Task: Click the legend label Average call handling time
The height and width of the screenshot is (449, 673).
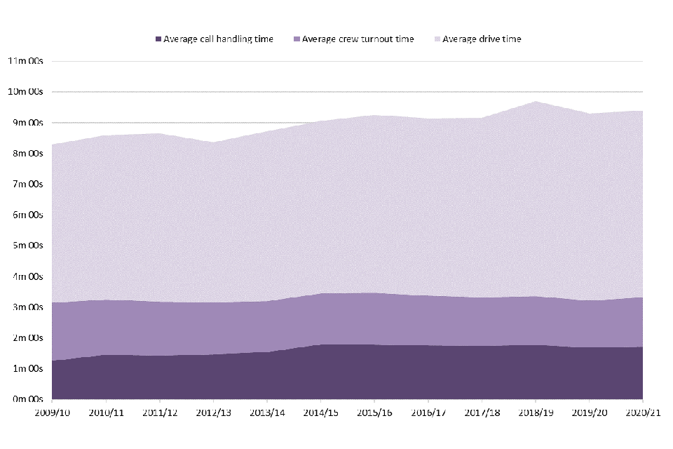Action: point(218,39)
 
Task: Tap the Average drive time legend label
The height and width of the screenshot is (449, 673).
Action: point(482,39)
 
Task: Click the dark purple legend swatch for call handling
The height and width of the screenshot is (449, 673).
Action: point(158,39)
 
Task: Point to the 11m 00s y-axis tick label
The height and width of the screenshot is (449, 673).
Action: point(25,61)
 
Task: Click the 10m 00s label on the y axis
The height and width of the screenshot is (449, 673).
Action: point(25,92)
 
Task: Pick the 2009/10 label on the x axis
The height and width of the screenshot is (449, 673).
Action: point(51,413)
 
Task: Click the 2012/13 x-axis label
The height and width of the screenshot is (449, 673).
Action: point(213,413)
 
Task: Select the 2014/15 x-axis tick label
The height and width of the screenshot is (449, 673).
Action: point(320,413)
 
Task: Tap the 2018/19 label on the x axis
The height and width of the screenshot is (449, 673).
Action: point(536,413)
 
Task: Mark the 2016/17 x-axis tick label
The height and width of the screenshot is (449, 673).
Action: point(428,413)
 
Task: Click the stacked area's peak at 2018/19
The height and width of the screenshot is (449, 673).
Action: point(536,102)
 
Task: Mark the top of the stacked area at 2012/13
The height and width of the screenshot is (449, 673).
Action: point(213,142)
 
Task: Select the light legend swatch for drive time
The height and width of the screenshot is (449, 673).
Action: point(437,39)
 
